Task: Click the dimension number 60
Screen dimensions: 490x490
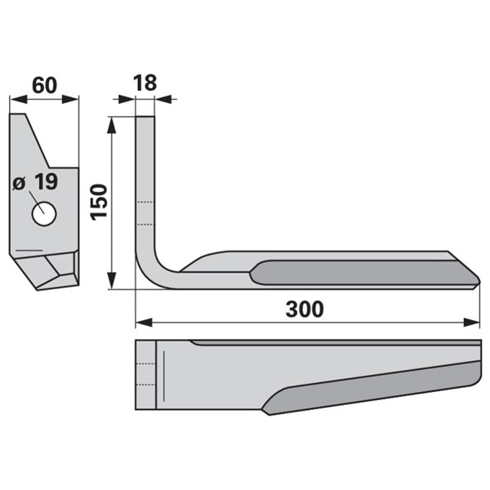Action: pos(44,85)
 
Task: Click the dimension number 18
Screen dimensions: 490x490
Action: pos(145,83)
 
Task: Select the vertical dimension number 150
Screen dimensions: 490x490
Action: pos(99,203)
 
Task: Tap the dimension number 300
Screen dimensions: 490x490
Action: pos(305,310)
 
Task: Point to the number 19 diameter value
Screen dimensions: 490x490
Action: pos(47,181)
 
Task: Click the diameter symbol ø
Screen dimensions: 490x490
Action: pos(19,183)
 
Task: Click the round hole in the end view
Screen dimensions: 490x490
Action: pos(44,214)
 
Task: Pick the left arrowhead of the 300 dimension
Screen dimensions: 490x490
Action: pos(144,323)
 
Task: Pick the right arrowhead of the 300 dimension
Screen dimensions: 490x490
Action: pos(471,323)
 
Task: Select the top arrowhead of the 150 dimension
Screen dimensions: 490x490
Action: pos(112,125)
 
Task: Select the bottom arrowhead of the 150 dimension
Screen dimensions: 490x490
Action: pos(112,281)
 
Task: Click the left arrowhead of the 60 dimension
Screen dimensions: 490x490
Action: pos(19,100)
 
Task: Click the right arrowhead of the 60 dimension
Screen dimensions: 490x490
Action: pos(70,100)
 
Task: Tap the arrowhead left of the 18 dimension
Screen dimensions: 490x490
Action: pos(127,100)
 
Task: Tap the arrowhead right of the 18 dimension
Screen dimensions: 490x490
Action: pos(163,100)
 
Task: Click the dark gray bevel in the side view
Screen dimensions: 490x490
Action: pos(365,273)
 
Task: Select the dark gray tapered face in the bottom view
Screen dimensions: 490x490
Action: pos(372,387)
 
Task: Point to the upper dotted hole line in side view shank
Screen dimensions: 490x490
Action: pos(145,203)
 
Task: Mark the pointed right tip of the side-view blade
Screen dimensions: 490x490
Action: pos(479,282)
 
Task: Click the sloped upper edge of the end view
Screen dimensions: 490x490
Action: pos(38,141)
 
